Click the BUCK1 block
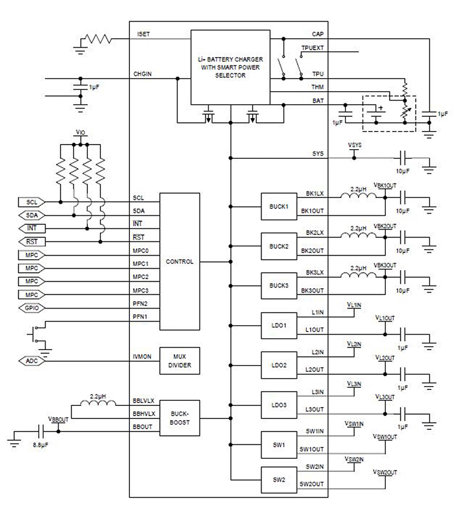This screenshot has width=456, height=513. click(279, 207)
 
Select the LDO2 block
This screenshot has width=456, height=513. click(279, 365)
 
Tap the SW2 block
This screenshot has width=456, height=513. click(279, 479)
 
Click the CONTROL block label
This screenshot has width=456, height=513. click(180, 262)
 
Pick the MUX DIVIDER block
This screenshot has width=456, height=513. click(180, 361)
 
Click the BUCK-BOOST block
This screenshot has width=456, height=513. click(180, 418)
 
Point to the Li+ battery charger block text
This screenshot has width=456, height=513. click(230, 67)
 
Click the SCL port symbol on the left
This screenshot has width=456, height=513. click(31, 202)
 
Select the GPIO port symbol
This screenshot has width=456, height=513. click(31, 308)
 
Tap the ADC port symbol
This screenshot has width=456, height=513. click(31, 361)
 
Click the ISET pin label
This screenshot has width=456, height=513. click(144, 34)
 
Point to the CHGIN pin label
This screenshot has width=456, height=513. click(142, 74)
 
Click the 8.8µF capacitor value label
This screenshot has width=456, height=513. click(40, 445)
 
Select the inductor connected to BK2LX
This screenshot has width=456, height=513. click(359, 235)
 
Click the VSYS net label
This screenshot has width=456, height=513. click(355, 145)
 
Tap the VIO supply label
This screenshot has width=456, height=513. click(80, 132)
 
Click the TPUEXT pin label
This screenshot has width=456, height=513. click(312, 48)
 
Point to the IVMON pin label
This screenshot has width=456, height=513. click(142, 356)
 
